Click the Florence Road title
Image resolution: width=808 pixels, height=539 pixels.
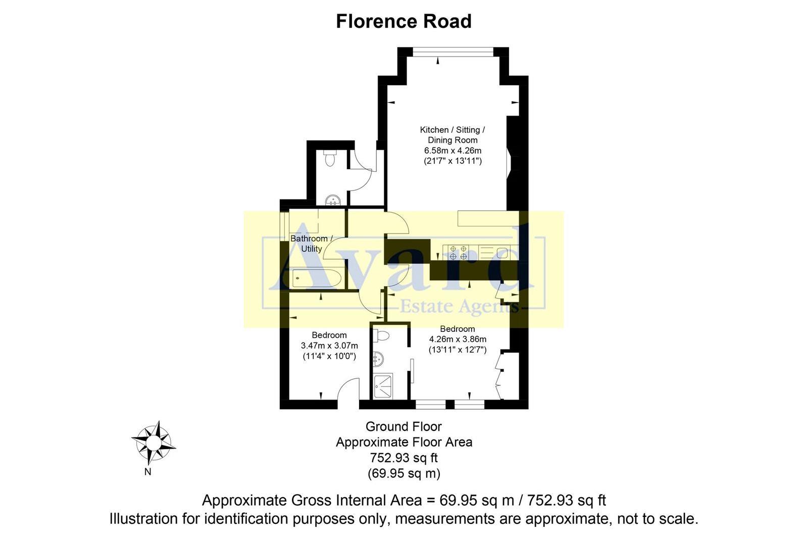tap(403, 21)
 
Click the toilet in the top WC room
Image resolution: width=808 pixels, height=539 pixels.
tap(330, 158)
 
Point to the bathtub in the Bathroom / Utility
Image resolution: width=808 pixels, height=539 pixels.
tap(316, 278)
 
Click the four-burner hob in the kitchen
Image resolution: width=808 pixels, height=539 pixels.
tap(458, 252)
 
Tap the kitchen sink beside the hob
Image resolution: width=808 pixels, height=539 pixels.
tap(501, 253)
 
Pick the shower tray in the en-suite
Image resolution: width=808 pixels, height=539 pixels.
tap(386, 386)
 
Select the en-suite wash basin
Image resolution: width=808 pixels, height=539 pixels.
tap(378, 359)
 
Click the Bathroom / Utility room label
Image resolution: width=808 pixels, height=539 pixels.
tap(312, 243)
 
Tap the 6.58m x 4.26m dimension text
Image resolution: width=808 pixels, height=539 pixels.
tap(452, 151)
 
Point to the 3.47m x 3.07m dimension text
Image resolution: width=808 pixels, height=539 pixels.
tap(329, 346)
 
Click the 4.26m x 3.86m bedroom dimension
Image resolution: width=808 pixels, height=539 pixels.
tap(458, 339)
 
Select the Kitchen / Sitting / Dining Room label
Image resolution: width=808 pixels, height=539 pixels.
tap(452, 135)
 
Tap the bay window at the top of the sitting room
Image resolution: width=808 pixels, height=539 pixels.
tap(452, 51)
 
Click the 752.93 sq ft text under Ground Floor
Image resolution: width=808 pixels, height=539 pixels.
tap(403, 458)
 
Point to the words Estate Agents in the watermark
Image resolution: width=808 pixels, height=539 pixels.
tap(459, 306)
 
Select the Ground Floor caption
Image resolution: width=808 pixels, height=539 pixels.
tap(403, 426)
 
